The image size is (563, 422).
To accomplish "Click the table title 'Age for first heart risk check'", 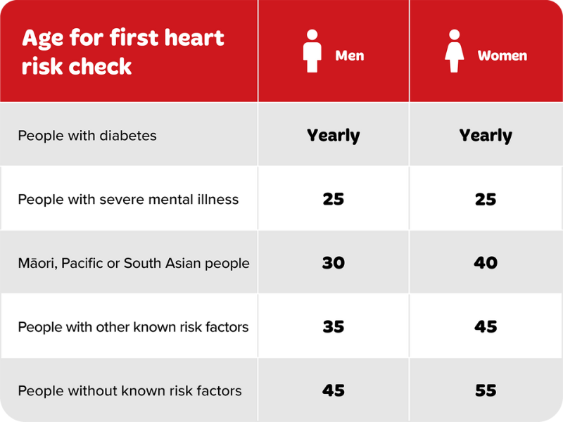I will tap(122, 51).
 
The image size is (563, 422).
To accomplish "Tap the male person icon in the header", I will tap(312, 51).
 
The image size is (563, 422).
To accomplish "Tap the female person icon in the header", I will tap(455, 51).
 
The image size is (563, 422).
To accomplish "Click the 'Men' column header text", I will tap(350, 56).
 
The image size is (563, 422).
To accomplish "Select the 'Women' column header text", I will tap(502, 56).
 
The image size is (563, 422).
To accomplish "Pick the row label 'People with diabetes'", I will tap(87, 135).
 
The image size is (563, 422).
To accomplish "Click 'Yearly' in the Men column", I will tap(333, 135).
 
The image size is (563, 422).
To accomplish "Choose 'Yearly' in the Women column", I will tap(486, 135).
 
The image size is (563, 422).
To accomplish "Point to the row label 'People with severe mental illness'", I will tap(128, 199).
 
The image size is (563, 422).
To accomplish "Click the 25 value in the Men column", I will tap(333, 199).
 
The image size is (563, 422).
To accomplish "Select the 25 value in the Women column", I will tap(486, 199).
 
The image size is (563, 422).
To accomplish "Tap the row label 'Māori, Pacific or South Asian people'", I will tap(134, 263).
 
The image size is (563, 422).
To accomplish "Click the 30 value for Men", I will tap(333, 263).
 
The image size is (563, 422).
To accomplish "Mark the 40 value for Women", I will tap(486, 263).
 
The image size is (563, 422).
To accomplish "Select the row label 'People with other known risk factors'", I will tap(133, 327).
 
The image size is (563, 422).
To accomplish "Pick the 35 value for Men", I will tap(333, 327).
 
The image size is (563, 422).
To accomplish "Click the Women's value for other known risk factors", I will tap(486, 327).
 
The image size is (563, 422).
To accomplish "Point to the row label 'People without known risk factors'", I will tap(129, 390).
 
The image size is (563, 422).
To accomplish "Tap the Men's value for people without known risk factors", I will tap(333, 390).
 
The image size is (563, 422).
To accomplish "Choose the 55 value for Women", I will tap(486, 390).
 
